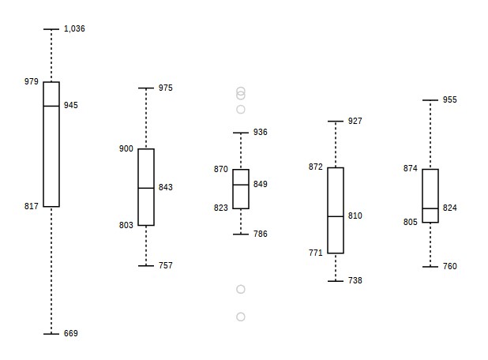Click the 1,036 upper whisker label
tap(74, 29)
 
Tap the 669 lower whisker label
tap(71, 333)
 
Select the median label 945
tap(71, 106)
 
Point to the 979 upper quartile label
tap(32, 81)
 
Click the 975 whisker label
tap(166, 88)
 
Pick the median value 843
tap(166, 187)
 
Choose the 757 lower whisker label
tap(166, 265)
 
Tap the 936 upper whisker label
tap(260, 133)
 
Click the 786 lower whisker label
tap(260, 234)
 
